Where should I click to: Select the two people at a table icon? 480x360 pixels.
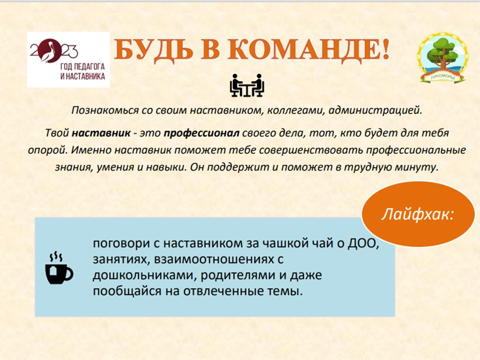[x=246, y=85]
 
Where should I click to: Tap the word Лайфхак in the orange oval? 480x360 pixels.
[x=415, y=214]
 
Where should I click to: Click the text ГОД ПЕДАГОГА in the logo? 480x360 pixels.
[x=82, y=67]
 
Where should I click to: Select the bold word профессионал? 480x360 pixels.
[x=201, y=133]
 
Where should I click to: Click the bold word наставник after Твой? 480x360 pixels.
[x=101, y=133]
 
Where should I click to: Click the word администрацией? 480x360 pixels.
[x=375, y=110]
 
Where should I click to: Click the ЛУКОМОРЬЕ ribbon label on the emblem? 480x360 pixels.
[x=443, y=77]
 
